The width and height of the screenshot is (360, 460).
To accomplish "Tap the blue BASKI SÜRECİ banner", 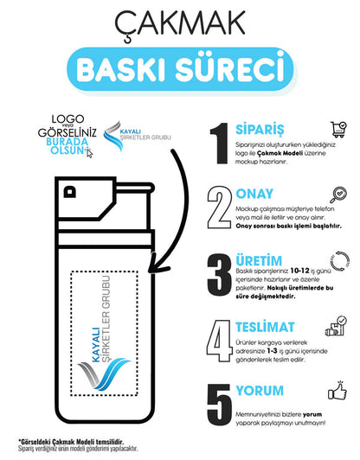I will (x=180, y=65).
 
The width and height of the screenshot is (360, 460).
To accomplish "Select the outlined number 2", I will (x=220, y=207).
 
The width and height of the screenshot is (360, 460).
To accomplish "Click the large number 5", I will (x=220, y=405).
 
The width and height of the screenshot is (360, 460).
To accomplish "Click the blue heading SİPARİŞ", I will (x=261, y=126).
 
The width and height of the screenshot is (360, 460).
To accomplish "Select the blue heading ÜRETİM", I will (x=260, y=257).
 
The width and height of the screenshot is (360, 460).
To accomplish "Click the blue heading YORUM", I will (x=259, y=391).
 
